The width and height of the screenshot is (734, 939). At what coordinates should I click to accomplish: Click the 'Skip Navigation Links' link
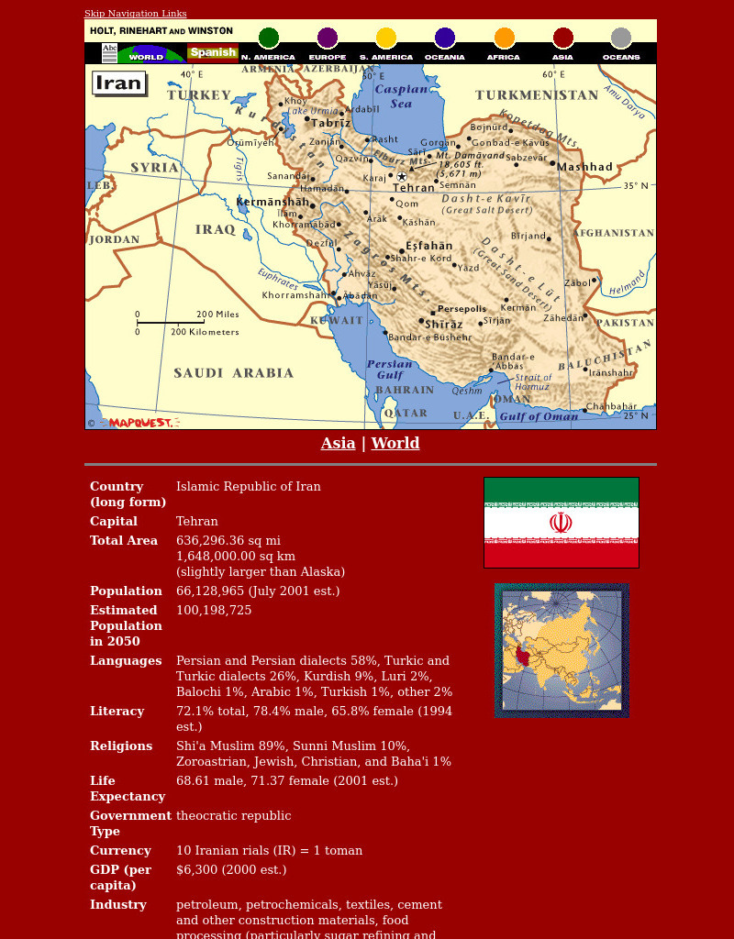[135, 14]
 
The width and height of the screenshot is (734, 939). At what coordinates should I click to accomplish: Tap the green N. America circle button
[268, 39]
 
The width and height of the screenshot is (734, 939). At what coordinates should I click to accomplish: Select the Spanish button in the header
[213, 52]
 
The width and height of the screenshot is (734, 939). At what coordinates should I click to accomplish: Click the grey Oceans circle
[621, 39]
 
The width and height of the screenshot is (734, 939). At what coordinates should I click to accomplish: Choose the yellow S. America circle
[386, 39]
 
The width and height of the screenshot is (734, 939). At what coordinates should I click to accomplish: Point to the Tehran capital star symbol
[401, 176]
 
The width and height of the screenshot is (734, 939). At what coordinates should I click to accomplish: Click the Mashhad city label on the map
[584, 167]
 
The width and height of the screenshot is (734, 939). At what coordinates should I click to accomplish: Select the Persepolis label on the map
[462, 309]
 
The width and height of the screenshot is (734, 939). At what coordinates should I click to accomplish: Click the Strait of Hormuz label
[532, 381]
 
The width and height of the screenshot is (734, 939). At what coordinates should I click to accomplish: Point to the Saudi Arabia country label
[233, 373]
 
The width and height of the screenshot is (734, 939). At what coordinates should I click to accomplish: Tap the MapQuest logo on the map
[139, 423]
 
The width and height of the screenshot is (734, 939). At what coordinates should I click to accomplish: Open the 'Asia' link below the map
[338, 443]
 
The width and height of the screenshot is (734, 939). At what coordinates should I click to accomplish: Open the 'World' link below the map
[395, 443]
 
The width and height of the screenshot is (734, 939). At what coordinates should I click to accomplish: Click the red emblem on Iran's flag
[561, 523]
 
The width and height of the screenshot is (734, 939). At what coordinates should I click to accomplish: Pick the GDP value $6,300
[196, 870]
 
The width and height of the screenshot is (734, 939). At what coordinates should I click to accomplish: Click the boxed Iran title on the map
[119, 83]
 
